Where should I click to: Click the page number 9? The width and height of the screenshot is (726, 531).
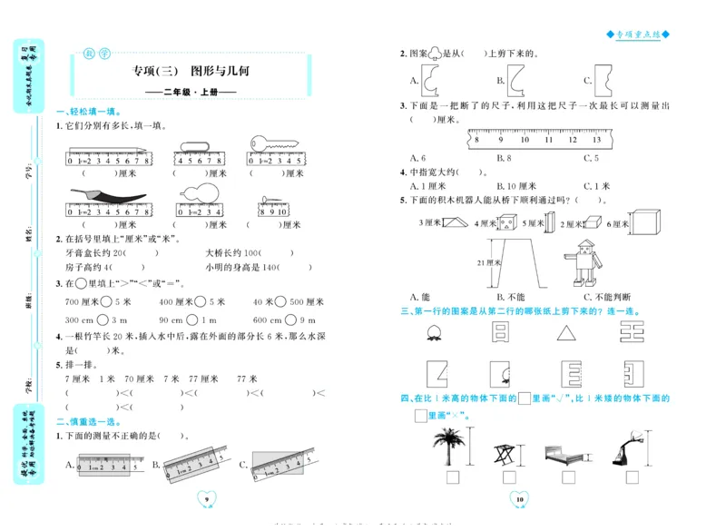coord(208,500)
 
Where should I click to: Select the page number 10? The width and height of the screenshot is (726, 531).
coord(520,500)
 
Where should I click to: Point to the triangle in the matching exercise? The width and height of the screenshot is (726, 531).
coord(566,334)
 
